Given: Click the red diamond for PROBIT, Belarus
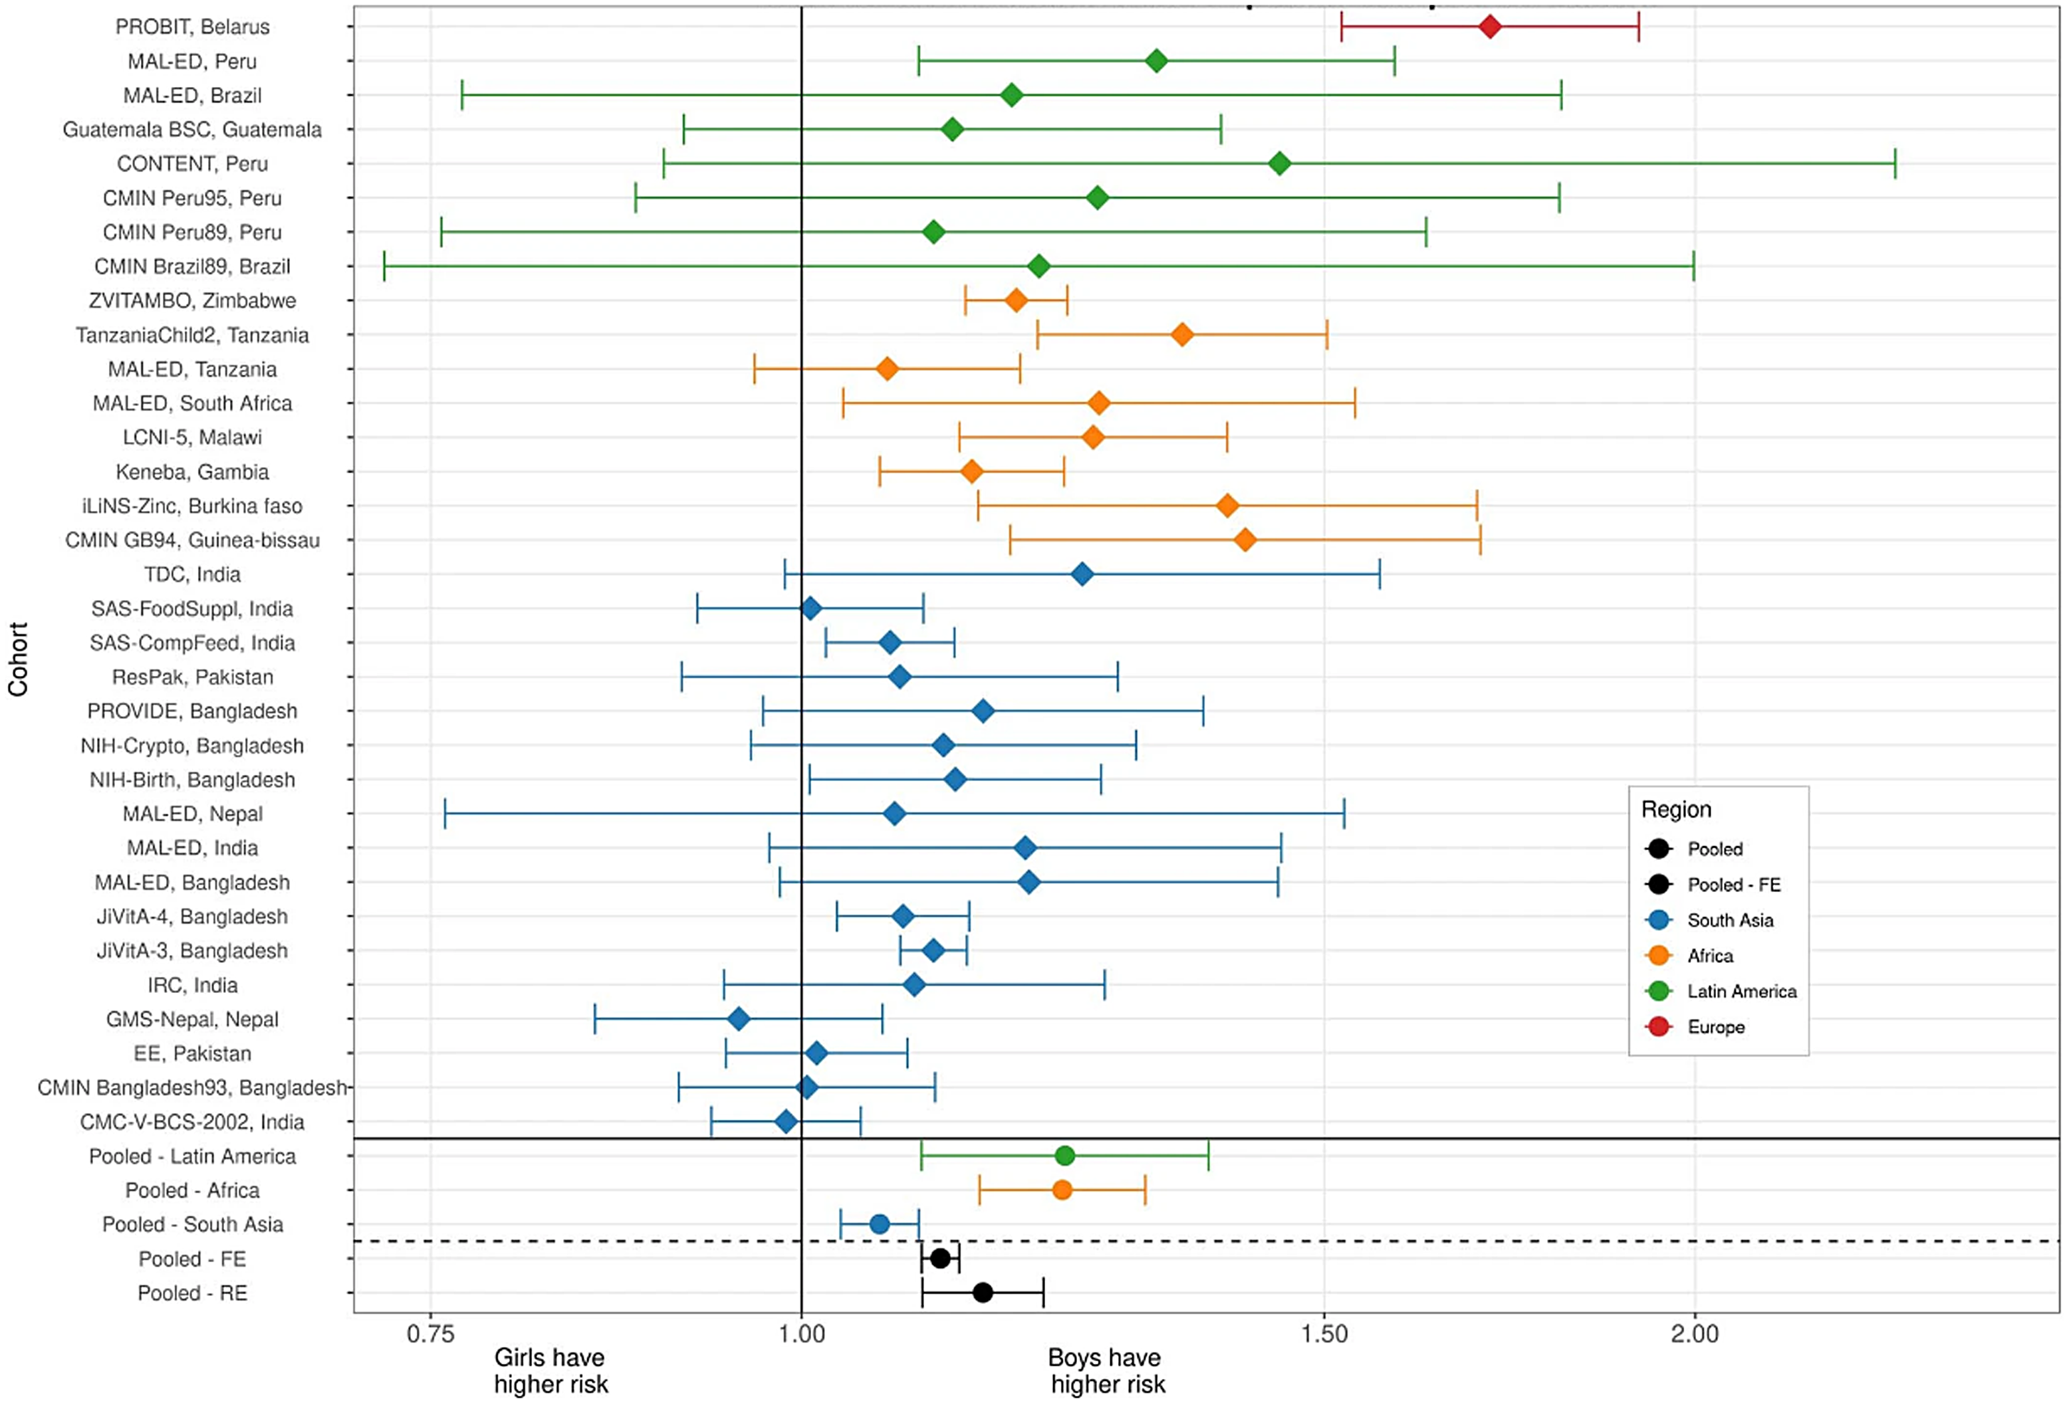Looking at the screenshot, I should [x=1489, y=27].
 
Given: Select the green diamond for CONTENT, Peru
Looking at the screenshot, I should [x=1279, y=163].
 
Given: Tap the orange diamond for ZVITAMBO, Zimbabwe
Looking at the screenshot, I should [x=1016, y=301].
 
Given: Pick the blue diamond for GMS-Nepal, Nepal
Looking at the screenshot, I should [x=738, y=1020].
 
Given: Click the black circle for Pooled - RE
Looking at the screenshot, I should [x=983, y=1293].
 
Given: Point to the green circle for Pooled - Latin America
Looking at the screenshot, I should [x=1065, y=1156].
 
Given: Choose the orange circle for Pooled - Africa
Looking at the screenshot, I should [x=1062, y=1190].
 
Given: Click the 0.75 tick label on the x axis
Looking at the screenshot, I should [x=430, y=1334].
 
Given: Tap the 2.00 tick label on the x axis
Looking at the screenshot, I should [x=1694, y=1334].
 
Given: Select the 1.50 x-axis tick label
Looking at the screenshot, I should [x=1325, y=1334].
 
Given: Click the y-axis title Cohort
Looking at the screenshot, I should [x=19, y=659].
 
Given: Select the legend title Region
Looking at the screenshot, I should [x=1676, y=809].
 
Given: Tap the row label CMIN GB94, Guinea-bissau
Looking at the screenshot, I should [x=192, y=540].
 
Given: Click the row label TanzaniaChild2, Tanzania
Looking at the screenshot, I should [x=192, y=336].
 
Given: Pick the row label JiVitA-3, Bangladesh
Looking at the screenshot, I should [x=192, y=951].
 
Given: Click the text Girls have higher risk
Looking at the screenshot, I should [x=550, y=1371].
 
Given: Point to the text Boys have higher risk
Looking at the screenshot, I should [x=1106, y=1371].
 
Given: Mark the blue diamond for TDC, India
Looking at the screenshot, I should [x=1082, y=574].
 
